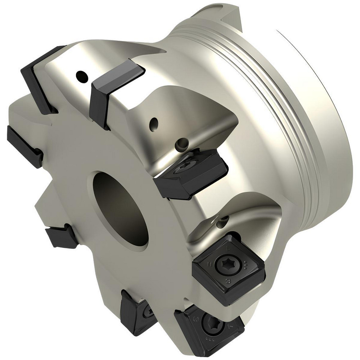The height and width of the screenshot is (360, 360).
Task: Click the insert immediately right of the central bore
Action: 191,173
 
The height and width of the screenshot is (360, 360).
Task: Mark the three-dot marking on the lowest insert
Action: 208,338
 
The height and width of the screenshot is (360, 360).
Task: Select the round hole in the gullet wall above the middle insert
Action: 154,123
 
